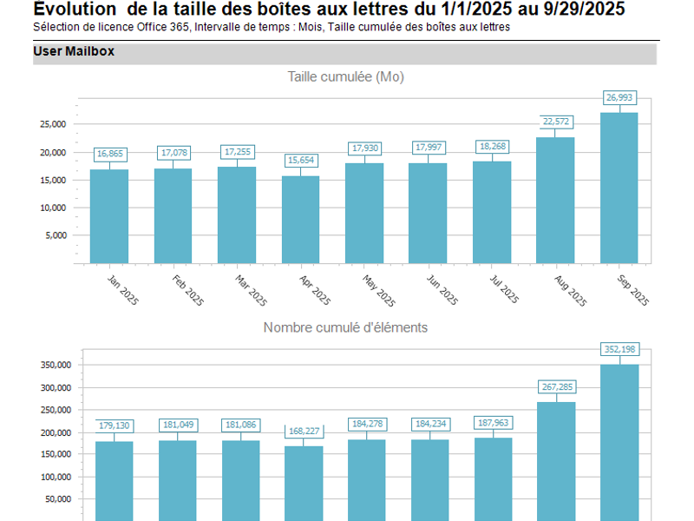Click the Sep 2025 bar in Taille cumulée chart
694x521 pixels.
pos(619,187)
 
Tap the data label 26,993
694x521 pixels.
pos(619,97)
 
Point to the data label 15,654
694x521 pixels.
pos(300,161)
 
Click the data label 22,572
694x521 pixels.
pos(556,122)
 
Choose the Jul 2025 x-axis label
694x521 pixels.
pos(504,290)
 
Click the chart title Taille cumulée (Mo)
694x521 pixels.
pos(345,76)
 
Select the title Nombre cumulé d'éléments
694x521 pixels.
pos(345,327)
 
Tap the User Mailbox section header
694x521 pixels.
pos(74,52)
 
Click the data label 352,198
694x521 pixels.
pos(619,349)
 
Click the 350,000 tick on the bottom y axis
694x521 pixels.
pos(50,365)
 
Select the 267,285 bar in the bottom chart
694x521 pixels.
pos(556,460)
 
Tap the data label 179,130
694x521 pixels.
pos(113,425)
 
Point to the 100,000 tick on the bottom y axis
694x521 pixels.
pos(50,477)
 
